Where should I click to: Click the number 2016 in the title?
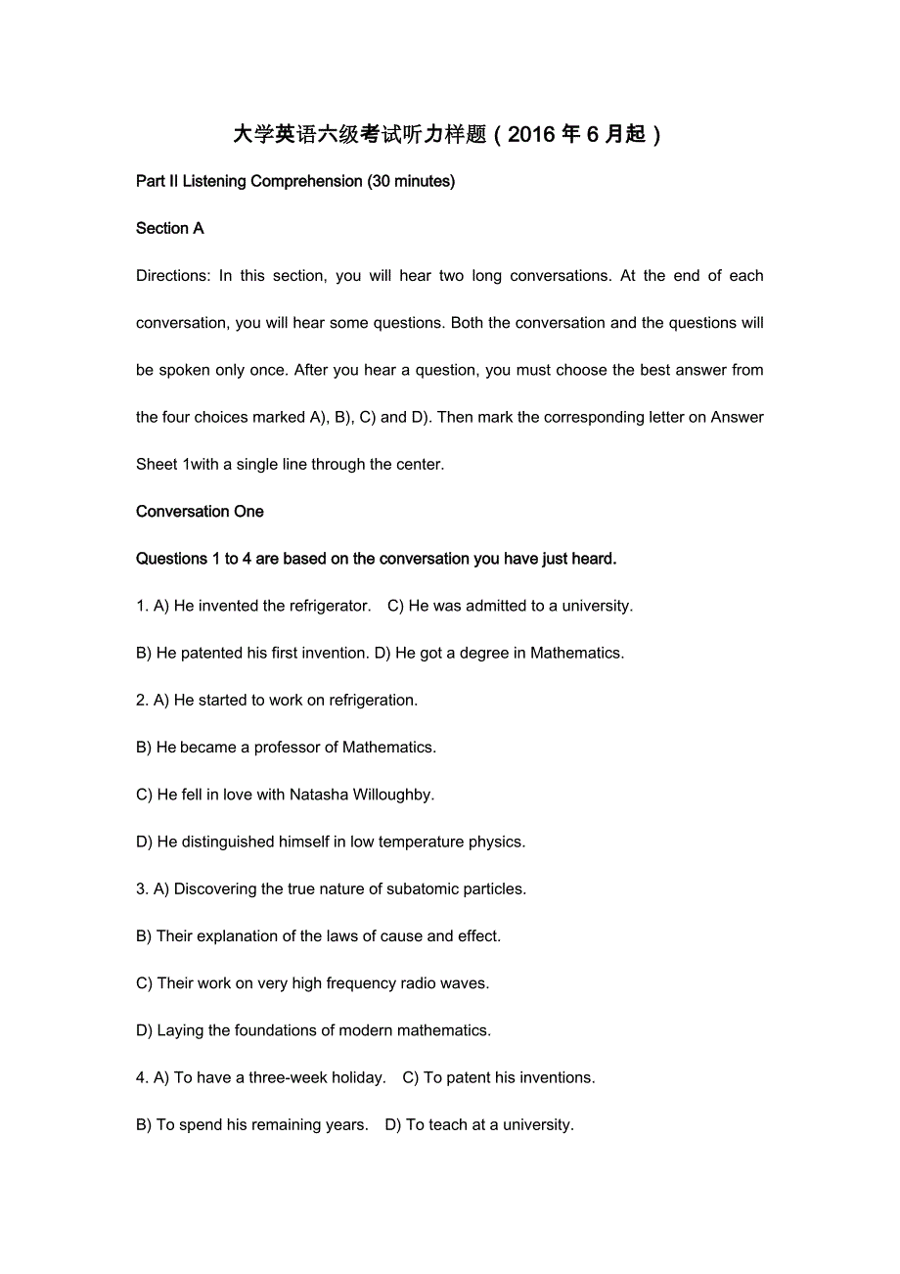[531, 135]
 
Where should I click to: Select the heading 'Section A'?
[170, 229]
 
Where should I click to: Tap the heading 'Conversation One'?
[200, 512]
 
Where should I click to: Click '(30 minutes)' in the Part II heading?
[411, 181]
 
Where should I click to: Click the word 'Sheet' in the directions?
[157, 465]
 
